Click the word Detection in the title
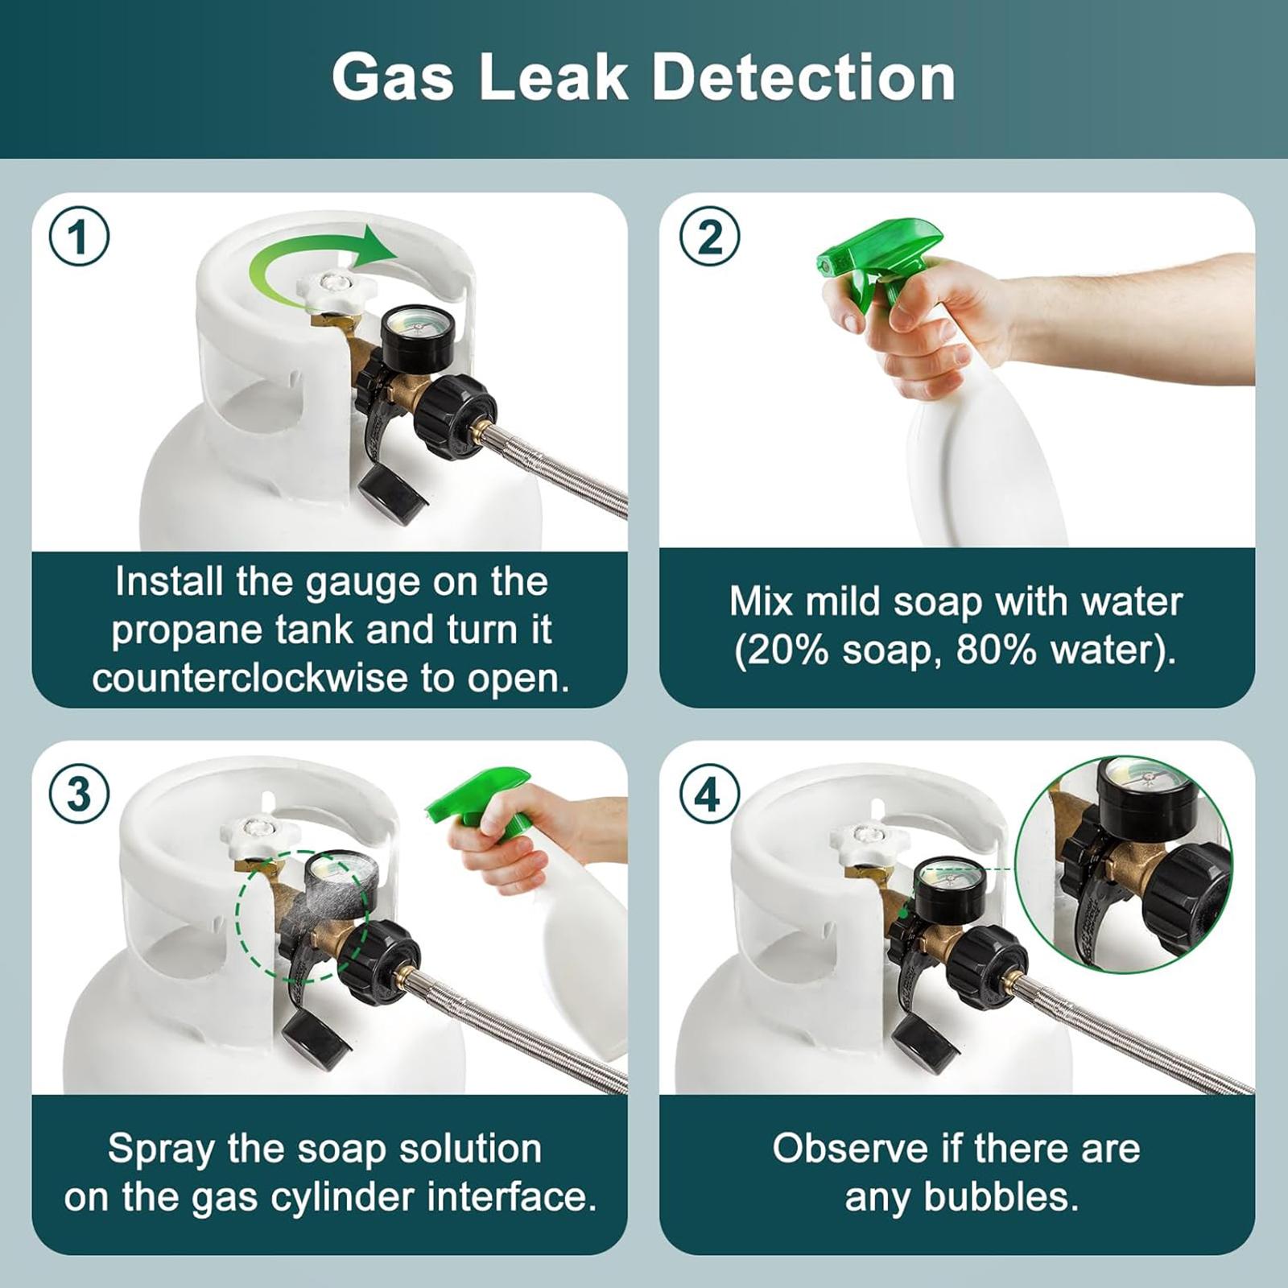point(803,77)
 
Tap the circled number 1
point(79,237)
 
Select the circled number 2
point(709,237)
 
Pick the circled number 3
point(79,795)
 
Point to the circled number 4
point(709,795)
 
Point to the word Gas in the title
point(392,77)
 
